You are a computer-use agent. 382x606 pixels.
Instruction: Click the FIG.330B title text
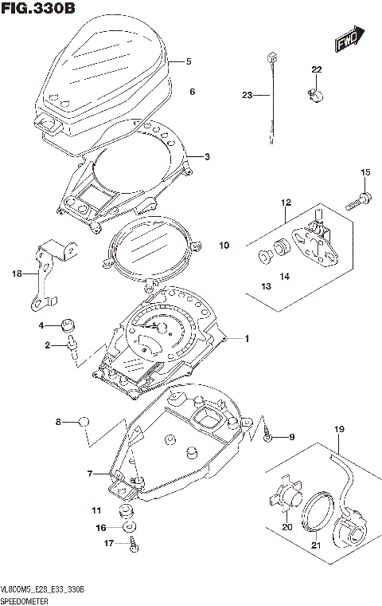pyautogui.click(x=40, y=10)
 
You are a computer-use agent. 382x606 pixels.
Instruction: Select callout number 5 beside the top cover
pyautogui.click(x=189, y=61)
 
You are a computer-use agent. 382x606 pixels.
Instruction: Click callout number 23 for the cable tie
pyautogui.click(x=247, y=96)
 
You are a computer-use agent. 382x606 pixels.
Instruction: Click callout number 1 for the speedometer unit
pyautogui.click(x=247, y=339)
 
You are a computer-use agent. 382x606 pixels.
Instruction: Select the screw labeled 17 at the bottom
pyautogui.click(x=133, y=545)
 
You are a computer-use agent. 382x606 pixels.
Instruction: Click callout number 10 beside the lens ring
pyautogui.click(x=224, y=246)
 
